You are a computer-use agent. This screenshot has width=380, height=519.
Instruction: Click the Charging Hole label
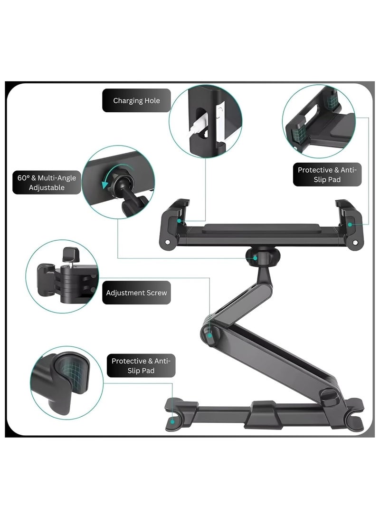click(136, 101)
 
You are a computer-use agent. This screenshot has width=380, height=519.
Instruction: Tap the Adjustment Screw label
click(136, 293)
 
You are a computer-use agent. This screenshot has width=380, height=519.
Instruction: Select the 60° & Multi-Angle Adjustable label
click(44, 183)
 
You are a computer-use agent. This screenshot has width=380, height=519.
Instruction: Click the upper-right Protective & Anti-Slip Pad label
click(327, 175)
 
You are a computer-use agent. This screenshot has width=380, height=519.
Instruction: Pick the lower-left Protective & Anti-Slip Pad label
click(140, 365)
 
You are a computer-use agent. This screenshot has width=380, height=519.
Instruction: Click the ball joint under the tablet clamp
click(259, 258)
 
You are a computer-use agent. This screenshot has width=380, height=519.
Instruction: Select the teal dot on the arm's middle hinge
click(209, 335)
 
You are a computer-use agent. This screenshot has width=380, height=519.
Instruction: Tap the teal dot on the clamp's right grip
click(350, 224)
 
